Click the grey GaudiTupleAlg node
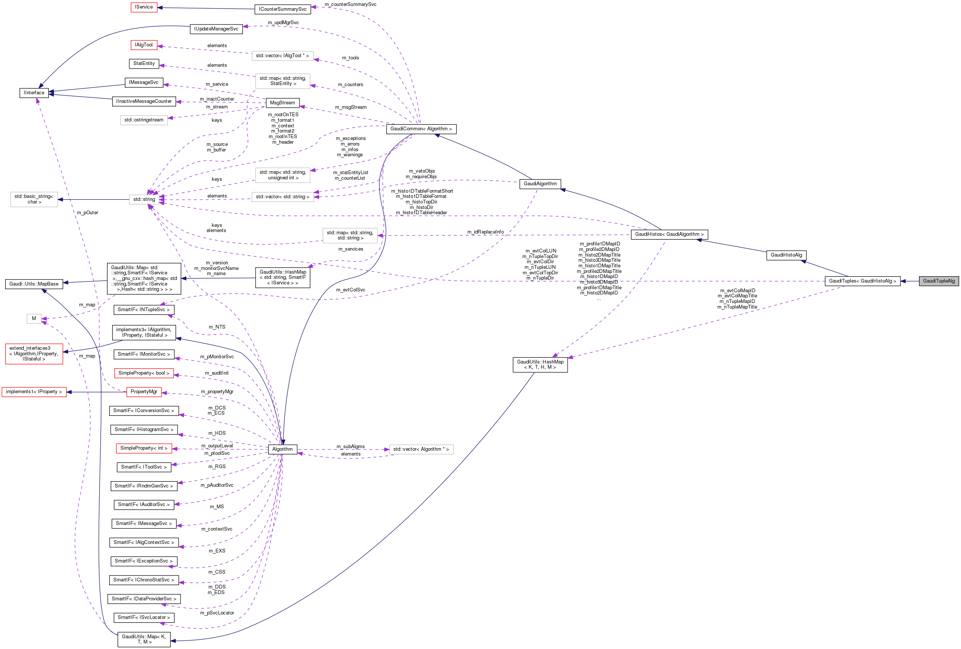938,281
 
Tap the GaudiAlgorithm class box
540,184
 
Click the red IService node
143,7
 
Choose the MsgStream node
282,103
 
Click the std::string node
144,200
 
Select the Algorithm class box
282,449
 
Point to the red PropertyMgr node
143,392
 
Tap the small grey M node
34,319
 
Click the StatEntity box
143,63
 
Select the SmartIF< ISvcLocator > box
143,617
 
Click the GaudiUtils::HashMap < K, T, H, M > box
540,365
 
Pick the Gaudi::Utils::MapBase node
34,284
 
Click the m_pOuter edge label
87,213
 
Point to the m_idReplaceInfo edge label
485,232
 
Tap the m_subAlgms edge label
350,446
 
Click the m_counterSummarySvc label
350,4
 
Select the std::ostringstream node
143,120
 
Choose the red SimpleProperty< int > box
143,448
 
